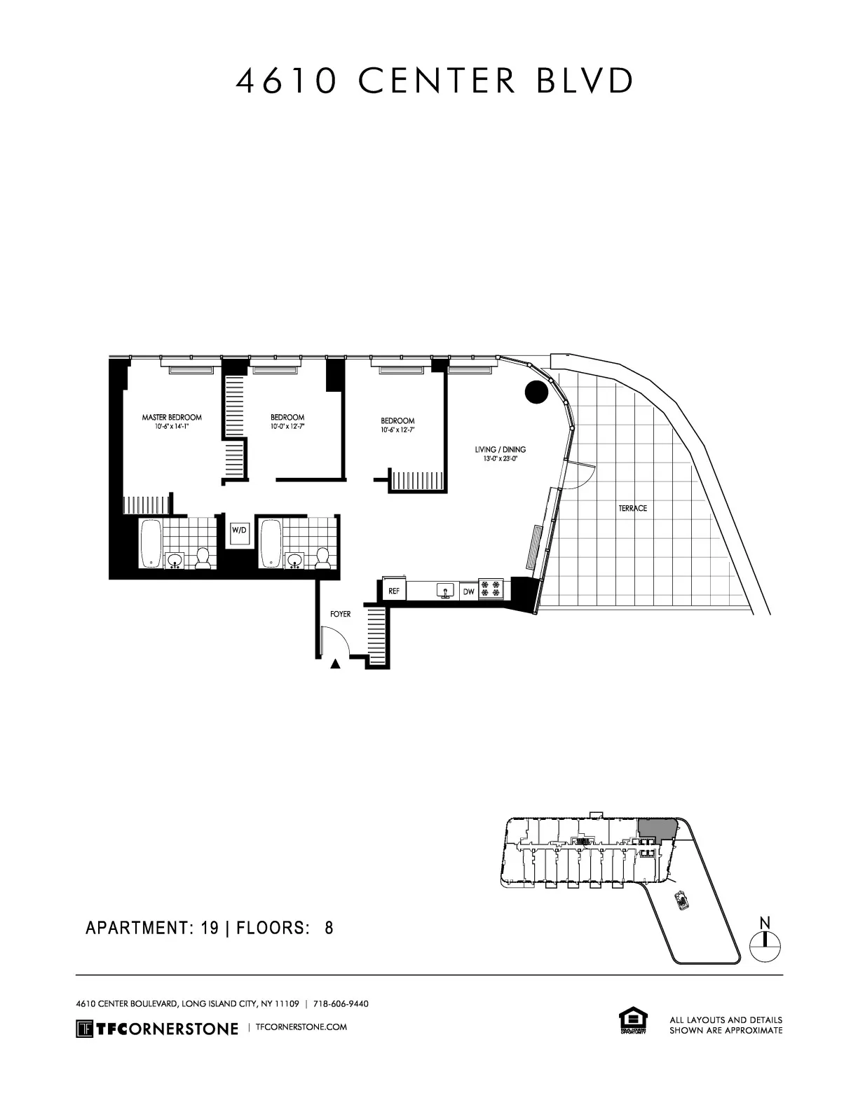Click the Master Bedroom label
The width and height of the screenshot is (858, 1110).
[x=172, y=417]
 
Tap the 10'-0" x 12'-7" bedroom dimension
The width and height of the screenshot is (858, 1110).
[x=287, y=426]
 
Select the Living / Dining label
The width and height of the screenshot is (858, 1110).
[x=500, y=450]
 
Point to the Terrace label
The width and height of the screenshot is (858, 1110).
[x=632, y=508]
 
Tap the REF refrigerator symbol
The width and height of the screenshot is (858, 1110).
[x=394, y=591]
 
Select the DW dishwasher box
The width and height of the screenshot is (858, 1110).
[x=468, y=592]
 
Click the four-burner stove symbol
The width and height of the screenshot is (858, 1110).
[x=491, y=589]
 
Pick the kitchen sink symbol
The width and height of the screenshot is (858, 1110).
[x=444, y=591]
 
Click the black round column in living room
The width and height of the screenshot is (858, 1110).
[x=536, y=392]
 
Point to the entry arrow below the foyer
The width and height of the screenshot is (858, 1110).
[x=336, y=664]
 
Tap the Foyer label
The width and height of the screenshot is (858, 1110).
[x=340, y=614]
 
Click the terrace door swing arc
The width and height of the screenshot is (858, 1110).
[x=578, y=478]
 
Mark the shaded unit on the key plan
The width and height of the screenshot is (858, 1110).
[x=656, y=829]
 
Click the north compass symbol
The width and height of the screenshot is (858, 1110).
[x=765, y=941]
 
